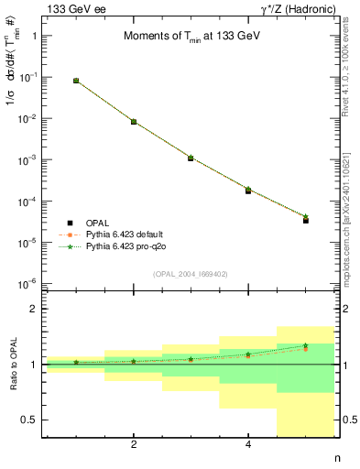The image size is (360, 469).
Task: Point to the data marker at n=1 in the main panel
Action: tap(76, 81)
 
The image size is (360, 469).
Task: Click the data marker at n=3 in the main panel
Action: tap(191, 158)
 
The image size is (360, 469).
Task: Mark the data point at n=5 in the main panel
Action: tap(306, 220)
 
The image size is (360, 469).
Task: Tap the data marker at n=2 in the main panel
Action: tap(134, 122)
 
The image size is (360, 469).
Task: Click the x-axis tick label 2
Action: tap(134, 445)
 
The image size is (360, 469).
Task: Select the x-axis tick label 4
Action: tap(248, 445)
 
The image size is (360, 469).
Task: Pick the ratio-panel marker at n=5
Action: tap(306, 346)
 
